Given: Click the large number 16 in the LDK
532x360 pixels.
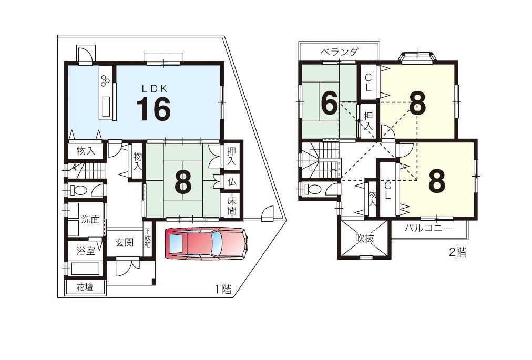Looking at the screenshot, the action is click(154, 109).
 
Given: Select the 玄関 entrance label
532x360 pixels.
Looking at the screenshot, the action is click(124, 243).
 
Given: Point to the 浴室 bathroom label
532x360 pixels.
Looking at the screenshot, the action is click(86, 251).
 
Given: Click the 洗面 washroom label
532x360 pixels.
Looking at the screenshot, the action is click(90, 219).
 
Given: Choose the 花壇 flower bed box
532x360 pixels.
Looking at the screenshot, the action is click(85, 287).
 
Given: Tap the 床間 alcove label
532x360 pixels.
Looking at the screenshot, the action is click(231, 205).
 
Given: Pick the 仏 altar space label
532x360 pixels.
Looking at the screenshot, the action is click(232, 181).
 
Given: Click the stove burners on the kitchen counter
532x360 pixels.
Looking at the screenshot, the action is click(105, 80).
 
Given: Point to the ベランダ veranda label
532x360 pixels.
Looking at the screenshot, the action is click(339, 52).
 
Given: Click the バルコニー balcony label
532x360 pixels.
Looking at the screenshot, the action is click(428, 228).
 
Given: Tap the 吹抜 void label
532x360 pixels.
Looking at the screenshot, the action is click(364, 238).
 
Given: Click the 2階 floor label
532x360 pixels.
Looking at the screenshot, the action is click(457, 252).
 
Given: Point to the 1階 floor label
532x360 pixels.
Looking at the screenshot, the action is click(223, 289).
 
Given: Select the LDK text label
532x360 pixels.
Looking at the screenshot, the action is click(155, 89).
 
